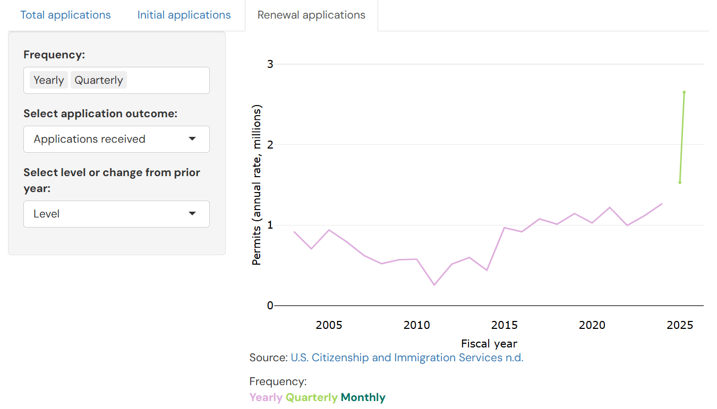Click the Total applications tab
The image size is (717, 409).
pos(65,15)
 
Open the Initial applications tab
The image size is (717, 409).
pos(184,15)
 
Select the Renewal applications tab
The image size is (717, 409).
pos(311,15)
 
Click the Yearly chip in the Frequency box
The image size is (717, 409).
pos(48,80)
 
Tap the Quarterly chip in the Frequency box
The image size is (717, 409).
pos(98,80)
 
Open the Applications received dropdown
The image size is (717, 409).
pos(116,139)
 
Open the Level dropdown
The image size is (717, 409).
pos(116,214)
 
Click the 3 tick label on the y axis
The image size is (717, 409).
pos(270,64)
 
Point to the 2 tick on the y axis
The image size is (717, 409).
pos(270,145)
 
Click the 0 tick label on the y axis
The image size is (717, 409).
pos(270,306)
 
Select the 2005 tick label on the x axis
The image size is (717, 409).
pos(329,325)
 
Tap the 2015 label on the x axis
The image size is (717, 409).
pos(505,325)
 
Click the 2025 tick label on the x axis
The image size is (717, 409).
pos(680,325)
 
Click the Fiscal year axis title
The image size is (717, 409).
pos(489,344)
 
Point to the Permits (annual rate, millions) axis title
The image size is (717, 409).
pos(257,185)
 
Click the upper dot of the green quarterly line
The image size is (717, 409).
pos(684,92)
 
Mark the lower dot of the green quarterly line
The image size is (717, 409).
pos(680,182)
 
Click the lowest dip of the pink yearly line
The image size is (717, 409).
pos(434,285)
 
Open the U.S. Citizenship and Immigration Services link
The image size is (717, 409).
pos(407,358)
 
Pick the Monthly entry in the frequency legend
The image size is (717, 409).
pos(363,397)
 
